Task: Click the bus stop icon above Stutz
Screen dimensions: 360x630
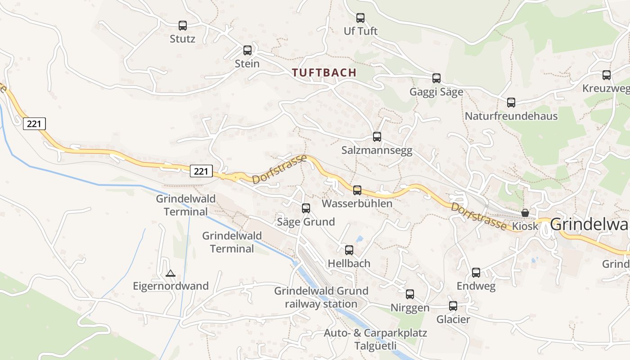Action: coord(183,26)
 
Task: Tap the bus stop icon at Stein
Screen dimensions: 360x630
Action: coord(247,50)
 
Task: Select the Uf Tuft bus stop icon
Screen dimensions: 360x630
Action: coord(360,18)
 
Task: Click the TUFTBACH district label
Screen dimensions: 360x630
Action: coord(324,72)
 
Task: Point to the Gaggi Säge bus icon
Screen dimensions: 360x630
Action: coord(436,78)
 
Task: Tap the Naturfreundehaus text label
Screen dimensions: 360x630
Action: coord(511,116)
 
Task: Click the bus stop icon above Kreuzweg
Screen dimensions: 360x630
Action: coord(607,75)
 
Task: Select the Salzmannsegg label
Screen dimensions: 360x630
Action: coord(377,150)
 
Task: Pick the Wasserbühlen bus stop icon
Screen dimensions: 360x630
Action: coord(357,190)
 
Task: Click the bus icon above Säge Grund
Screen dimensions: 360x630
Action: coord(306,208)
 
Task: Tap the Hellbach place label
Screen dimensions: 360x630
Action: coord(349,263)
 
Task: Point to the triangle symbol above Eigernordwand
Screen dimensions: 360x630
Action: coord(170,273)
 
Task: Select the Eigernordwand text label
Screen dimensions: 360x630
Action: coord(171,286)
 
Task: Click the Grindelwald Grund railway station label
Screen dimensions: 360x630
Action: coord(321,297)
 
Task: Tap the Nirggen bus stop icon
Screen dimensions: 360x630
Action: coord(410,294)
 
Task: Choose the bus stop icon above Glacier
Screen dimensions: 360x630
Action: coord(453,306)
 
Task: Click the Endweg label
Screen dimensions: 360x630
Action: coord(476,286)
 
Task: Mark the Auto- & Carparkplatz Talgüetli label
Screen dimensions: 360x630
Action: coord(375,340)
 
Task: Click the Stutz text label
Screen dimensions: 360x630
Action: coord(183,39)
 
